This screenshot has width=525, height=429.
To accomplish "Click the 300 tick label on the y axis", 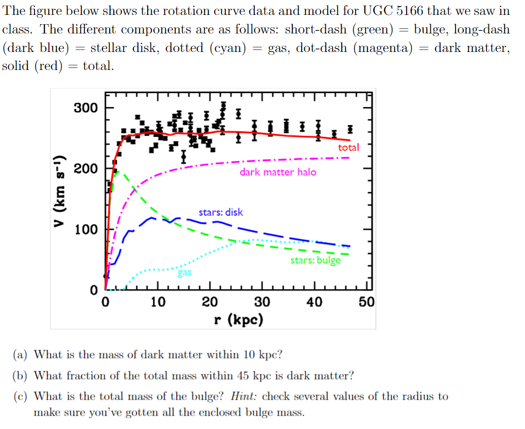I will click(85, 108).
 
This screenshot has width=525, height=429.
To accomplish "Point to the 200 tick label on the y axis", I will click(85, 169).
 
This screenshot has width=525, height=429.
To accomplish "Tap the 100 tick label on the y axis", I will click(85, 229).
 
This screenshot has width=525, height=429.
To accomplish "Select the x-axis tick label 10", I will click(158, 302).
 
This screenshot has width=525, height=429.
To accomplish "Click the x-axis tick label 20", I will click(209, 302).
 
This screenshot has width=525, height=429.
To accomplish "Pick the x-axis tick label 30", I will click(262, 302).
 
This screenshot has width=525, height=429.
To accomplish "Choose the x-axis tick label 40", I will click(314, 302).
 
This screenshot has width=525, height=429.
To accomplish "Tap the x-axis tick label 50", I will click(366, 302).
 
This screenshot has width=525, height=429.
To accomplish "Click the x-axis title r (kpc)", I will click(238, 320).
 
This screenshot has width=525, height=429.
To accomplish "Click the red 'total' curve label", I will click(348, 148).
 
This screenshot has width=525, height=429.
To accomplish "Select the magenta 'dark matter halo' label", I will click(278, 172).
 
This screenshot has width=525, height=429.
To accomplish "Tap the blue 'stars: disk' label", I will click(221, 212).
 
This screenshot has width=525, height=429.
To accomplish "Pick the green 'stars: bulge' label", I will click(316, 260).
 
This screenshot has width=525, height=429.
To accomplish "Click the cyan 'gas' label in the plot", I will click(185, 273).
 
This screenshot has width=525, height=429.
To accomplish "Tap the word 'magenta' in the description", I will click(383, 48).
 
